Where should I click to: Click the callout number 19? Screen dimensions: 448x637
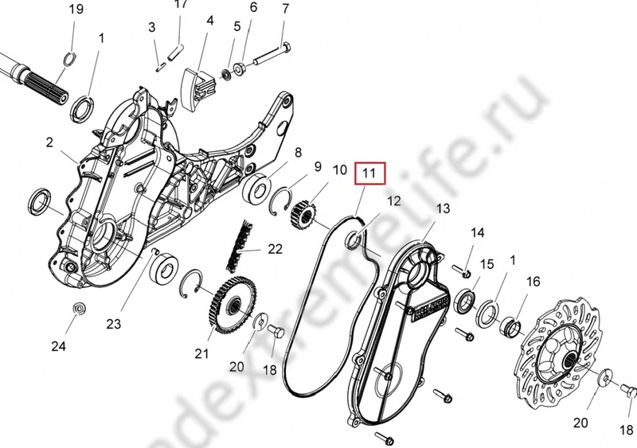(76, 9)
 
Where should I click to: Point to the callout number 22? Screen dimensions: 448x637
(275, 249)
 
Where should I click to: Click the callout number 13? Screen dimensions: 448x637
(443, 208)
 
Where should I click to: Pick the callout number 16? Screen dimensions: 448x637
(533, 281)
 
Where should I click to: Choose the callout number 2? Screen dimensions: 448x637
(49, 142)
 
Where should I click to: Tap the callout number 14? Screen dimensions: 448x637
(477, 232)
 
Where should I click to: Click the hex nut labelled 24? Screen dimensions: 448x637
(79, 308)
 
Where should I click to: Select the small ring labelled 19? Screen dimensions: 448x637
(69, 57)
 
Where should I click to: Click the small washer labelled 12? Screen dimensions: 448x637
(356, 238)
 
